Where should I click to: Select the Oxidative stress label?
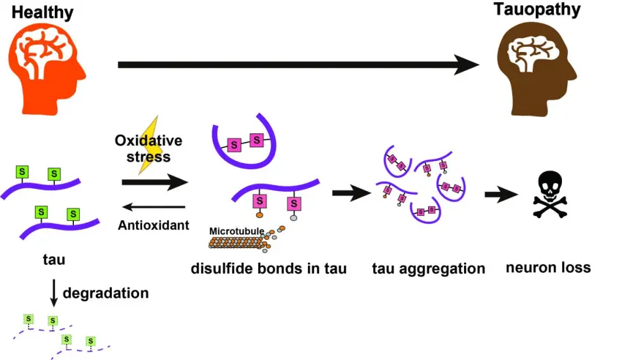[148, 149]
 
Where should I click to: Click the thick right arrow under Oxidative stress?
[154, 183]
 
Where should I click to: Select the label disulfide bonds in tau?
[269, 268]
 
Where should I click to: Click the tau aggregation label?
[428, 269]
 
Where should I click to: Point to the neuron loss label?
[548, 267]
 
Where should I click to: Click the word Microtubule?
[236, 231]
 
